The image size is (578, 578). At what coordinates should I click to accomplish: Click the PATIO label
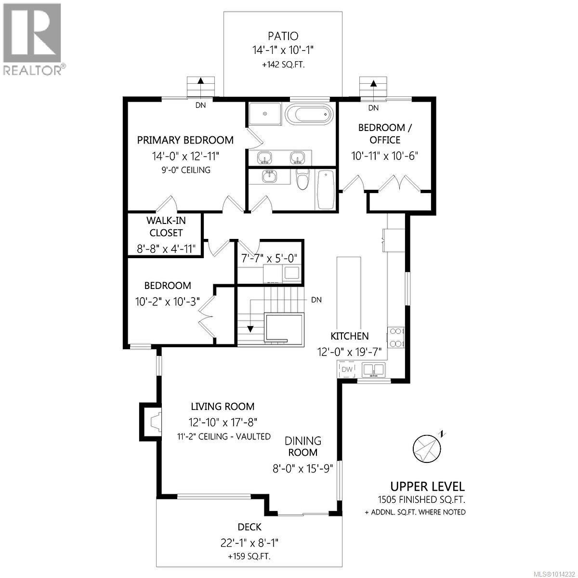(283, 36)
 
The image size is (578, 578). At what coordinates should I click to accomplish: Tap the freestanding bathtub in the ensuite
(309, 115)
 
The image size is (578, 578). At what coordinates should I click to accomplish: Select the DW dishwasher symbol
(347, 369)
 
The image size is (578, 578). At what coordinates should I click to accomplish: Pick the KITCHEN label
(349, 336)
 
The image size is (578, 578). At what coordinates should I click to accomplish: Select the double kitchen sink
(373, 369)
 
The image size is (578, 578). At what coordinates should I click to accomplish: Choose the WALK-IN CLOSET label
(165, 226)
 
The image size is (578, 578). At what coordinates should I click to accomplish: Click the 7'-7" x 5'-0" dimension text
(270, 257)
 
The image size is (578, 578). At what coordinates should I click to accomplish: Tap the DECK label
(250, 527)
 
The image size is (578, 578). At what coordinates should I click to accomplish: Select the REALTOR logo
(33, 39)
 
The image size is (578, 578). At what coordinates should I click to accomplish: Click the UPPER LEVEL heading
(427, 486)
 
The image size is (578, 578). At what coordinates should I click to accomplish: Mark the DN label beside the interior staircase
(316, 300)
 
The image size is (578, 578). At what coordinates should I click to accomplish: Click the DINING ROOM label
(302, 447)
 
